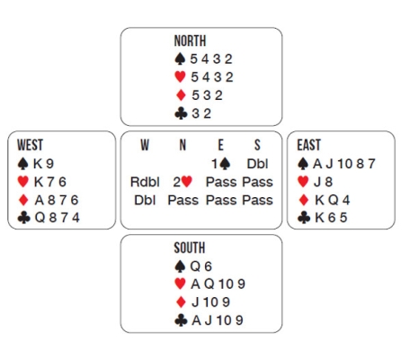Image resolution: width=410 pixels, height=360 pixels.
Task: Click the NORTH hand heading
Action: click(190, 40)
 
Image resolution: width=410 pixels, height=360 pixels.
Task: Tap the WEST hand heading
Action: click(30, 145)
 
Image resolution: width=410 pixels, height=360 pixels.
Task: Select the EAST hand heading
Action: click(309, 145)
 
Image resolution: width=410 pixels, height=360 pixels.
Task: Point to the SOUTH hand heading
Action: click(190, 247)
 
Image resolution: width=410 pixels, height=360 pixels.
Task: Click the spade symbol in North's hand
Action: click(180, 58)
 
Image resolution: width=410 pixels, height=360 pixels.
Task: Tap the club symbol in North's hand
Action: click(181, 113)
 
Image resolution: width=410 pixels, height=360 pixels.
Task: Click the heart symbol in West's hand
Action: click(23, 182)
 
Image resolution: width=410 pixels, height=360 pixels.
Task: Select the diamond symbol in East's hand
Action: click(303, 200)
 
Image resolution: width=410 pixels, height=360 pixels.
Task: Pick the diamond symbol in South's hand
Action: click(181, 302)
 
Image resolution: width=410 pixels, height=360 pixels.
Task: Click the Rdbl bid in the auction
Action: click(145, 182)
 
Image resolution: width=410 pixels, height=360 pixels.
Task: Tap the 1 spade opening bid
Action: click(221, 164)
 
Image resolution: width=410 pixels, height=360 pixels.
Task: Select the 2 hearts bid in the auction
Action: click(183, 182)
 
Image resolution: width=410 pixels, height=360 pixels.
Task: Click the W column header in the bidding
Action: click(145, 145)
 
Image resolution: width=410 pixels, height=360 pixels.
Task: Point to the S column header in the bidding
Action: click(257, 145)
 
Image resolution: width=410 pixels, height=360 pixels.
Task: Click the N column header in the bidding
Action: click(183, 145)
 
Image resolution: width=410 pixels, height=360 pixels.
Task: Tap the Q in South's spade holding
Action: click(195, 266)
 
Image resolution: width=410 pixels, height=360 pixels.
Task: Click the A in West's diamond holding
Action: click(40, 200)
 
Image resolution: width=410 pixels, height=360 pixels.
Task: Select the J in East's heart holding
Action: click(317, 182)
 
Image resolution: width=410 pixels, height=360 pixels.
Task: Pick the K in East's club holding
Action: click(319, 218)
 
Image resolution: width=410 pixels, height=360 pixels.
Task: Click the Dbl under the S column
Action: click(257, 164)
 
